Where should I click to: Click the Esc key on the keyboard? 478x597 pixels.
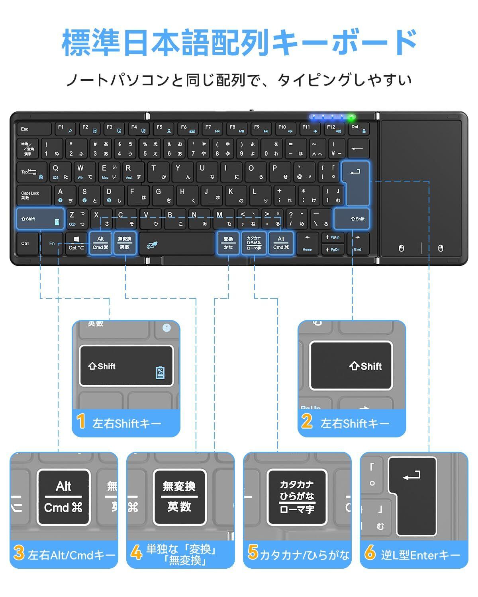33,129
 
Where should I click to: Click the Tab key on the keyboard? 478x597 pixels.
31,172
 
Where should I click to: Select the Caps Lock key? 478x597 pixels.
34,195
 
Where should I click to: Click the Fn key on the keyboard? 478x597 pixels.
52,244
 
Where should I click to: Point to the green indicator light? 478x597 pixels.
351,117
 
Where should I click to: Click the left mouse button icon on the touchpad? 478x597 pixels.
401,248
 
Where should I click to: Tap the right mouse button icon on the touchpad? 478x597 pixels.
440,248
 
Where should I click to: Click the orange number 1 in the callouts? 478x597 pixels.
81,422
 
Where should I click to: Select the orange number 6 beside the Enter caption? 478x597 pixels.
370,553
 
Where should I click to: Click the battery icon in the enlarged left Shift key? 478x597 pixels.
160,373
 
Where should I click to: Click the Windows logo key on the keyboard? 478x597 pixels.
76,243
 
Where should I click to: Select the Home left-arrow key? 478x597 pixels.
307,243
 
